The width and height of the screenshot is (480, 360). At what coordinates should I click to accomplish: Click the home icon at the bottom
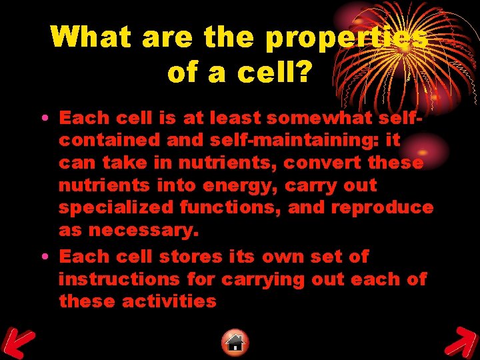tap(235, 342)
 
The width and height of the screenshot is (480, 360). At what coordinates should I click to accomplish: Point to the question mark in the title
tap(301, 72)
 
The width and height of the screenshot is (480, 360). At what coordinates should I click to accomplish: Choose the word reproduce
tap(382, 208)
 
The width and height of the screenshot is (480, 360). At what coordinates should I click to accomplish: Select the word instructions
tap(119, 279)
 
